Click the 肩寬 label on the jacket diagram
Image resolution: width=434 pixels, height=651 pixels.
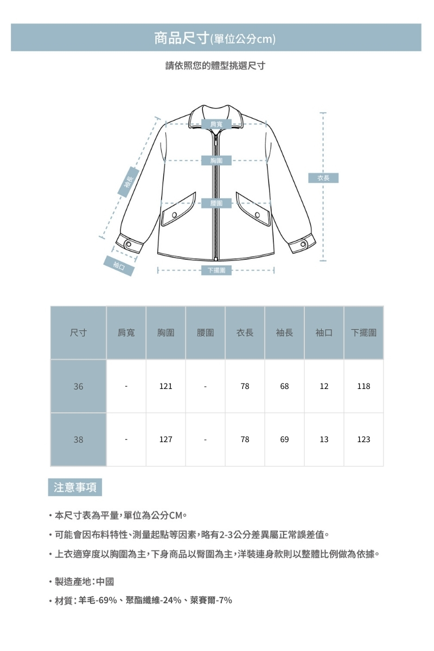coord(216,124)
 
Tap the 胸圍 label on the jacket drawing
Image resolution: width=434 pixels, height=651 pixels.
coord(216,161)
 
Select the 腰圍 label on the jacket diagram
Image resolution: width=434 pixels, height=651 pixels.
coord(216,203)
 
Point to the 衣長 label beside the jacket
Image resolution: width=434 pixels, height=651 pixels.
coord(323,177)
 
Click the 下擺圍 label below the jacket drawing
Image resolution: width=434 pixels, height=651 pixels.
coord(216,270)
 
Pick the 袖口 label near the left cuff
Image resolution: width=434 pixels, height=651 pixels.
coord(119,266)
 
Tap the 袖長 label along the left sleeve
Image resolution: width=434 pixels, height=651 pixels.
coord(128,183)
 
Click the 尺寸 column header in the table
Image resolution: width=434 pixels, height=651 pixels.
coord(78,333)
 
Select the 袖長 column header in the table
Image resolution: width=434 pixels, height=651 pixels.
coord(284,333)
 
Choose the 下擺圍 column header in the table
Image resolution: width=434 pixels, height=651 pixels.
coord(363,333)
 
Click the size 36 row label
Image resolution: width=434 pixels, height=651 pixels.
coord(78,386)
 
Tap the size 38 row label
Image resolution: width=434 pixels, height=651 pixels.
coord(78,439)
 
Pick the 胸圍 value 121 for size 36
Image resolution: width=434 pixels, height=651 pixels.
coord(165,386)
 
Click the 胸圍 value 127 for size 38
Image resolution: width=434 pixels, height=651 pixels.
coord(165,439)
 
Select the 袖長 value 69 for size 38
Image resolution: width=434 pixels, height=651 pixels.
coord(284,439)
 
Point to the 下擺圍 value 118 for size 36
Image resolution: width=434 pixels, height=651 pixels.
coord(363,386)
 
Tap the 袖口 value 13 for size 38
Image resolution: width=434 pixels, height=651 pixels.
coord(324,439)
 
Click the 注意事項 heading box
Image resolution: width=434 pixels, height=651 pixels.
coord(75,487)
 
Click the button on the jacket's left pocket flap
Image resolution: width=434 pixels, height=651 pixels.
coord(175,215)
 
